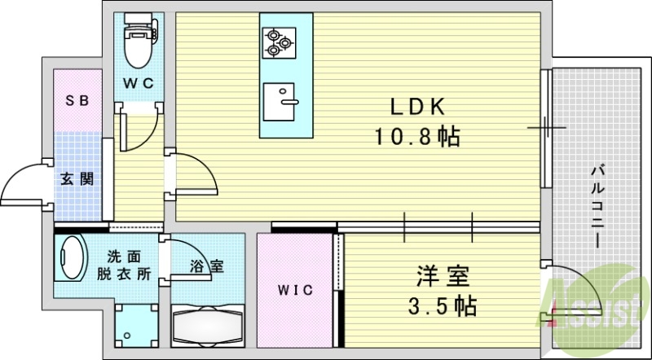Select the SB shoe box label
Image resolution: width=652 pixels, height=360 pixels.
pos(77,101)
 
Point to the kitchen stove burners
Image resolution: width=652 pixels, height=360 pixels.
pos(275,42)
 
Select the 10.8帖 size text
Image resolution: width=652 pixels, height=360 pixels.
pos(416,136)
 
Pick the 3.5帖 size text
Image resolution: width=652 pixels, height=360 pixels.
pos(441,306)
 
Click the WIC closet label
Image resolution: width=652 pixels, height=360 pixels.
pos(295,290)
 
